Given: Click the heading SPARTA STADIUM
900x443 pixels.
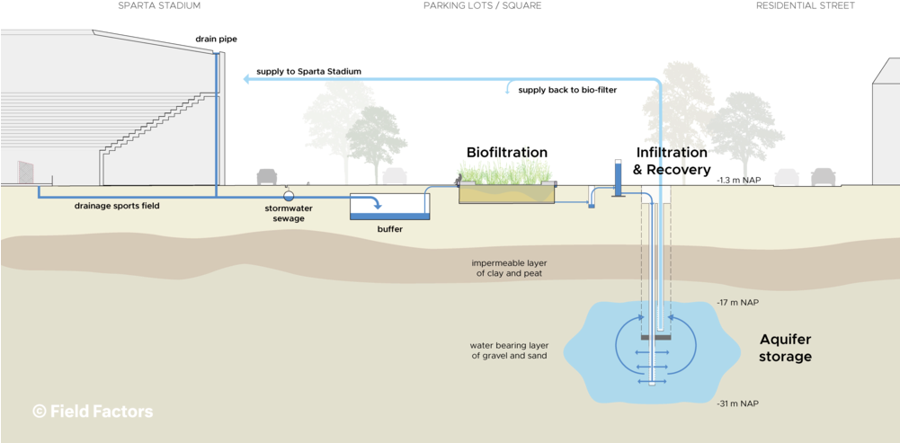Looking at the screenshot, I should [158, 5].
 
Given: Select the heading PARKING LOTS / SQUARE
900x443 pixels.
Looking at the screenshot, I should [482, 5].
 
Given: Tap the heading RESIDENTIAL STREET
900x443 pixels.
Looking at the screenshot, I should [805, 5].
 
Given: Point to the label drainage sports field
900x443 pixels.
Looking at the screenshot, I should [116, 206].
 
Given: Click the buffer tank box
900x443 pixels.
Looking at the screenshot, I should [389, 207].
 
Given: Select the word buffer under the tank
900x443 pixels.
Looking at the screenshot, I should [389, 229].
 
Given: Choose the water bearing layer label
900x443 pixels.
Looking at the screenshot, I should [509, 350].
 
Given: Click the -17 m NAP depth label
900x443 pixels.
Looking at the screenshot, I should [737, 303].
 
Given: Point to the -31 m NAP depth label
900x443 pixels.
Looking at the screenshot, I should [737, 403].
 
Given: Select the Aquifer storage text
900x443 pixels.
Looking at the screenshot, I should [785, 348].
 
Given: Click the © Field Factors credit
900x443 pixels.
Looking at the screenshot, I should [93, 412].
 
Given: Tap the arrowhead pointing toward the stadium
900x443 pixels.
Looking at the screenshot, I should [246, 80].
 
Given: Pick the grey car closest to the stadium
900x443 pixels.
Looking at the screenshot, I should [267, 176].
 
